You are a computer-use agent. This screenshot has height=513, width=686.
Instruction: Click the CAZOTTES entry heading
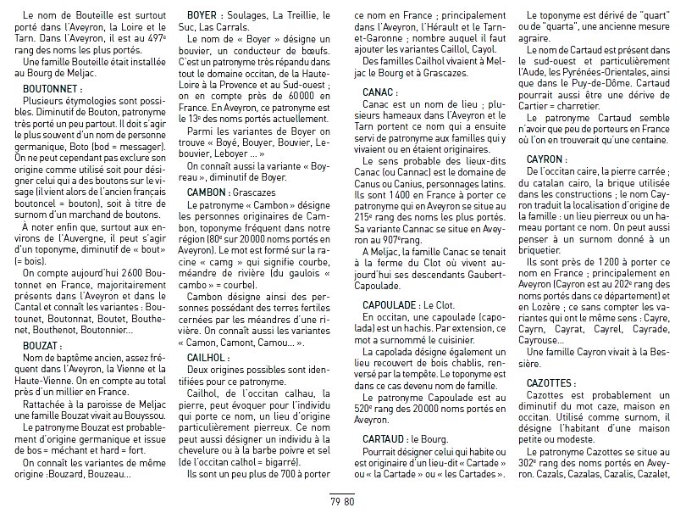(x=552, y=383)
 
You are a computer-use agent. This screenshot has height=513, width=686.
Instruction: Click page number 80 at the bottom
(x=348, y=500)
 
